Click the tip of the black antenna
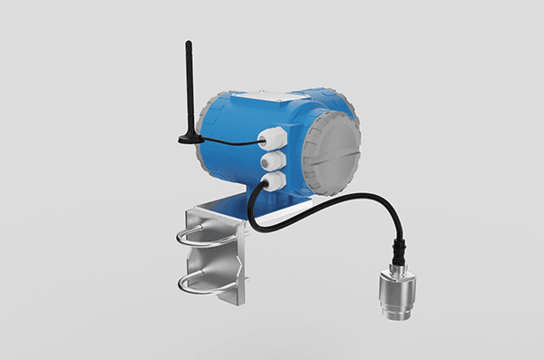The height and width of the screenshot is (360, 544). click(x=188, y=42)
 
